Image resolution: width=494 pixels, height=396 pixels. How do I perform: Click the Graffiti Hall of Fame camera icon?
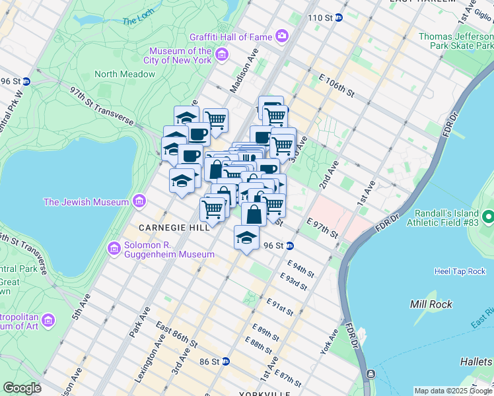[282, 35]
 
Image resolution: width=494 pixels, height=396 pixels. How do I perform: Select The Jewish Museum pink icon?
[139, 201]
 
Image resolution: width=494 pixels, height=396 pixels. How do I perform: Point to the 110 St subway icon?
[339, 17]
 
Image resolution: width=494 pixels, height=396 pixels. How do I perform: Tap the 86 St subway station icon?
[226, 361]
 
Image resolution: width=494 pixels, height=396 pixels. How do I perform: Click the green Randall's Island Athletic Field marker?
[488, 216]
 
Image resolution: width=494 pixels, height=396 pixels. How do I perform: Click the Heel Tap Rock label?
[460, 271]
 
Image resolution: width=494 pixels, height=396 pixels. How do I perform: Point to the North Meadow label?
[125, 74]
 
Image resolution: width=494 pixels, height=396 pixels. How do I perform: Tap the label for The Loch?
[138, 20]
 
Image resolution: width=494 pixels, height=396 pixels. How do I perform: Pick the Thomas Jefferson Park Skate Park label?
[456, 42]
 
